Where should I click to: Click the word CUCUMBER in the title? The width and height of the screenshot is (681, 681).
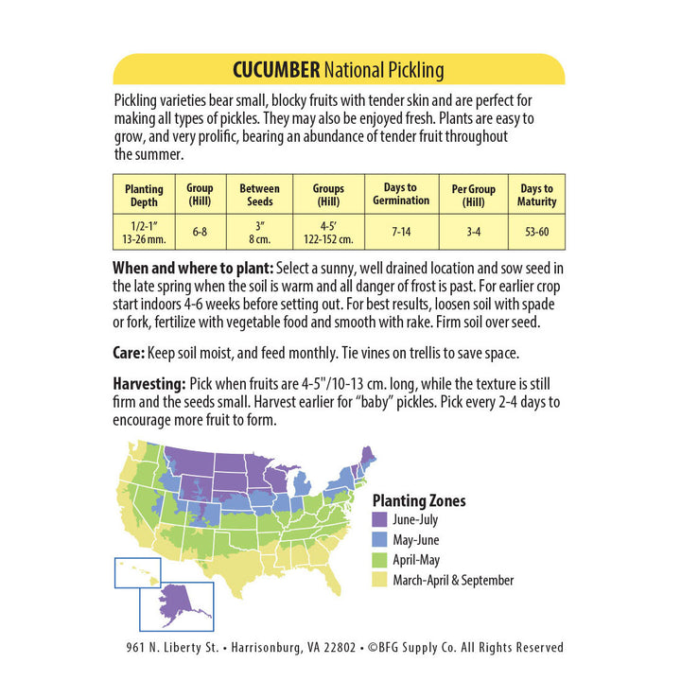click(276, 70)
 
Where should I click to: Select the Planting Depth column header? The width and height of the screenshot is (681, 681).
click(144, 195)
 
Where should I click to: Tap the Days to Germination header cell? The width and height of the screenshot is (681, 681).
click(401, 194)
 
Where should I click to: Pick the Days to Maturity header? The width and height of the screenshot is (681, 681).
click(536, 195)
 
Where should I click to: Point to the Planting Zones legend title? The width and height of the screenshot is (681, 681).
click(419, 501)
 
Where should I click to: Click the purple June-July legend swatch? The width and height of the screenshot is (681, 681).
click(380, 520)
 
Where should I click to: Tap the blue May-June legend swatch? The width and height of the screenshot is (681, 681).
click(380, 540)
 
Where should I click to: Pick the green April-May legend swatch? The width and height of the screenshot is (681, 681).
click(380, 560)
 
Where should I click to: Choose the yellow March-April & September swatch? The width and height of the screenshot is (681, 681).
click(380, 580)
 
